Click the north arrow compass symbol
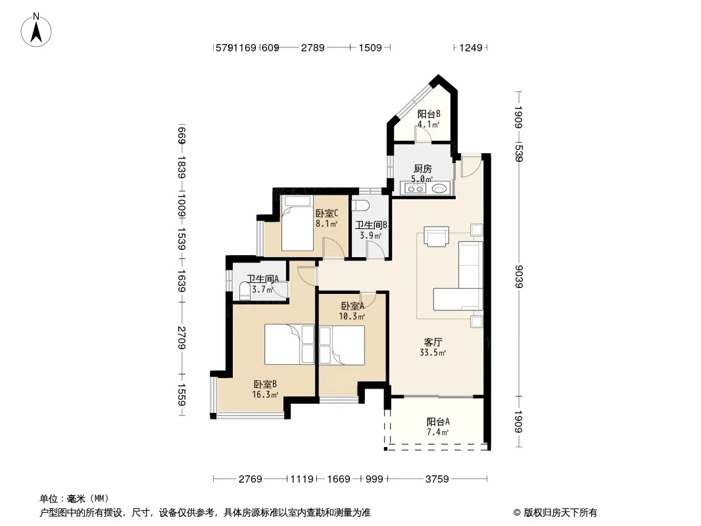[x=36, y=30]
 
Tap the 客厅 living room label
[x=433, y=343]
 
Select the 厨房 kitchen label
[x=422, y=168]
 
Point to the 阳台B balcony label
[x=429, y=114]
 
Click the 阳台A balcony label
[x=438, y=421]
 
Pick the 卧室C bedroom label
[x=326, y=214]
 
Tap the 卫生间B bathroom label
[x=371, y=225]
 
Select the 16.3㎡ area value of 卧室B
[x=265, y=394]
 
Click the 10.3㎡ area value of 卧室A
[x=352, y=316]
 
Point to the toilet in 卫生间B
[x=360, y=206]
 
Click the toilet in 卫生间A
[x=244, y=291]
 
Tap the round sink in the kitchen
[x=440, y=189]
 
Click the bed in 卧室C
[x=297, y=224]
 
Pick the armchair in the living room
[x=436, y=237]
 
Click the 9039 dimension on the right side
[x=519, y=277]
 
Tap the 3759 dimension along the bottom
[x=437, y=479]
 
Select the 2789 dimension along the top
[x=312, y=47]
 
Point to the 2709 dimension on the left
[x=181, y=337]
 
